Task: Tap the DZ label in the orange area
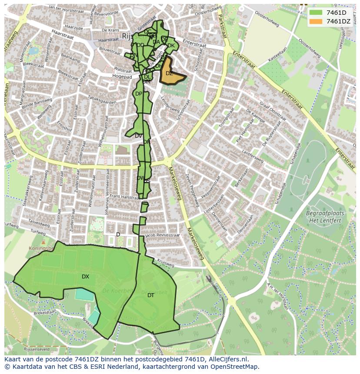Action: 169,73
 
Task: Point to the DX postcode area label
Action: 85,277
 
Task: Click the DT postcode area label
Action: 150,295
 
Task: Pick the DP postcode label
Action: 138,94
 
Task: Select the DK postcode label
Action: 171,46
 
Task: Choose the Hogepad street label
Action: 122,77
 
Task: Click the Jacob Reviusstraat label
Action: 162,235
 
